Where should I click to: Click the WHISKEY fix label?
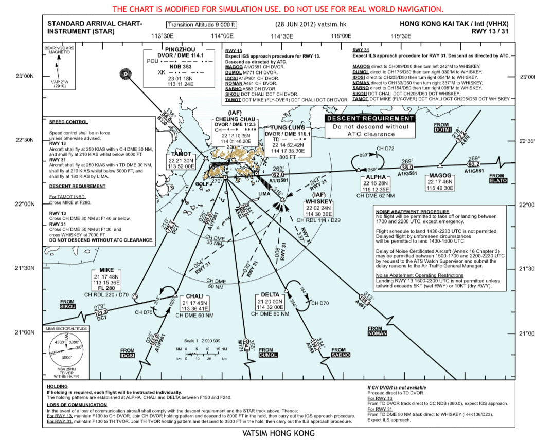(319, 202)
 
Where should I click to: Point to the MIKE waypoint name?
(106, 270)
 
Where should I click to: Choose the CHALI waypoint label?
(194, 296)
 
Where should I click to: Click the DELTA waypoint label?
(270, 295)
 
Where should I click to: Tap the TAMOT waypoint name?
(181, 154)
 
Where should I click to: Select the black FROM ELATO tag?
(498, 180)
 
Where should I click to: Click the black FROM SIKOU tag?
(67, 307)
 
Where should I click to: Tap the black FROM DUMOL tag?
(268, 355)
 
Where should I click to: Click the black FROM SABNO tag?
(341, 355)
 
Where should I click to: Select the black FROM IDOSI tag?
(127, 355)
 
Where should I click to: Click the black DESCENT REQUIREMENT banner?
(370, 118)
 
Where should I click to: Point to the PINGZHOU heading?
(181, 49)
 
